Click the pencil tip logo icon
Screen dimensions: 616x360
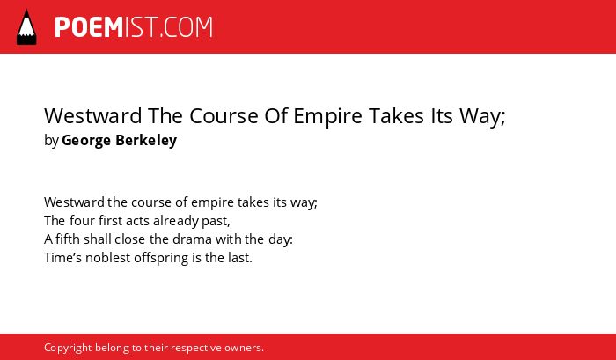coord(26,27)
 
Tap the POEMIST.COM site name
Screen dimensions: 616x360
coord(134,27)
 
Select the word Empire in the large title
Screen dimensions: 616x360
coord(327,116)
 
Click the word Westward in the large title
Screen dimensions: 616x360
coord(93,116)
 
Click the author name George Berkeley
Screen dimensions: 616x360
coord(120,140)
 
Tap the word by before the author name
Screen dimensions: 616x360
coord(51,141)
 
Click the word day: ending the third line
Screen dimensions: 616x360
coord(281,239)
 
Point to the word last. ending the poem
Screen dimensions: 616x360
coord(240,258)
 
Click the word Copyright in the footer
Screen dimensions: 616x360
coord(68,349)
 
